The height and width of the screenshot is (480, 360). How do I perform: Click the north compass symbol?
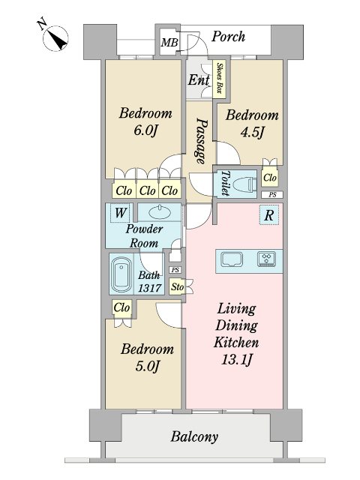[x=55, y=38]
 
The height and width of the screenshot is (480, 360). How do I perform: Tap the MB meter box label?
[x=169, y=42]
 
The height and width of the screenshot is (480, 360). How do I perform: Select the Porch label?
[x=228, y=37]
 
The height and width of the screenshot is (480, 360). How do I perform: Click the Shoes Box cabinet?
[x=220, y=78]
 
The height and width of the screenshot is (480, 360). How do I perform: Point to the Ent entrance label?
[x=199, y=80]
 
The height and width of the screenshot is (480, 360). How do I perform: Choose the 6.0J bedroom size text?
[x=145, y=131]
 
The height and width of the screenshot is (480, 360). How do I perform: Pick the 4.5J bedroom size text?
[x=252, y=133]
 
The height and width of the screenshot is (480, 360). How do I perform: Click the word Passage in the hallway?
[x=202, y=141]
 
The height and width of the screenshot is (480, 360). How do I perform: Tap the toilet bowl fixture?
[x=244, y=184]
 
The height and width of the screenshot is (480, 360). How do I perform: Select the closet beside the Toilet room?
[x=270, y=177]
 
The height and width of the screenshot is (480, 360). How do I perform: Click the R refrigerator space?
[x=268, y=215]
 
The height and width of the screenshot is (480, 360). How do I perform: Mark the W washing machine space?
[x=120, y=212]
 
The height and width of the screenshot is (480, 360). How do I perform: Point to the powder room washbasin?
[x=159, y=212]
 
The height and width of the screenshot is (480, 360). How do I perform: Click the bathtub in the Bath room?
[x=121, y=274]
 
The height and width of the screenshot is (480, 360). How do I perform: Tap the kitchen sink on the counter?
[x=232, y=260]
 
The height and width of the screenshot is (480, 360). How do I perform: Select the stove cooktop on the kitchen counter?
[x=267, y=259]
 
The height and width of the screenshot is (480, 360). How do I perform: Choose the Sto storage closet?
[x=177, y=286]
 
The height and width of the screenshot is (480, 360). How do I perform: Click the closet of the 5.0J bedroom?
[x=121, y=308]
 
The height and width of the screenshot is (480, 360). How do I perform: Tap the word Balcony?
[x=194, y=436]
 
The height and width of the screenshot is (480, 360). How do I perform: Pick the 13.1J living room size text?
[x=236, y=359]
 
